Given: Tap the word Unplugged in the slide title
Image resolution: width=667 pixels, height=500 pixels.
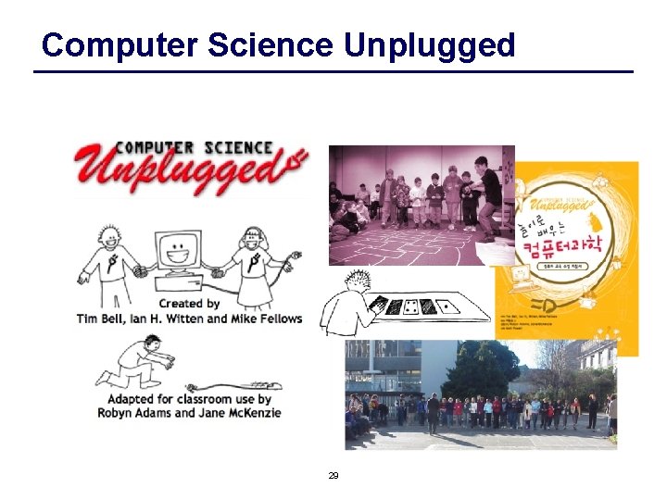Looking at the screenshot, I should (x=429, y=44).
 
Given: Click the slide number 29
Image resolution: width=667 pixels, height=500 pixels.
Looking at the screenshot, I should (x=333, y=475).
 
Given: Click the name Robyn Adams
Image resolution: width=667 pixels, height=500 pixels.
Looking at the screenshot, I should (x=132, y=413).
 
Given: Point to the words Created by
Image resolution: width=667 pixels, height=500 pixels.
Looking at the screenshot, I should (x=189, y=303).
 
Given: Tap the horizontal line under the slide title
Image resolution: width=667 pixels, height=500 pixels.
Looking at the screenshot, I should (x=333, y=71).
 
